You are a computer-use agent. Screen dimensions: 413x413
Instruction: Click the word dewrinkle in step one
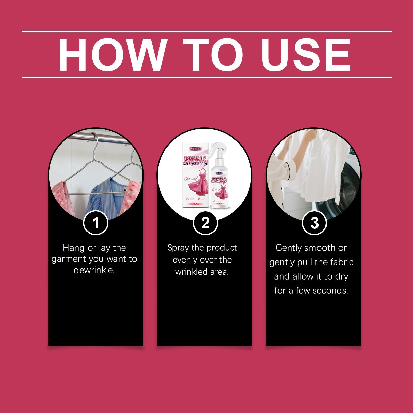click(94, 270)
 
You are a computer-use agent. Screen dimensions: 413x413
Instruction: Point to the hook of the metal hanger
click(96, 139)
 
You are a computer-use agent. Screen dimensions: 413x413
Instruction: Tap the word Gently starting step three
click(289, 248)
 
